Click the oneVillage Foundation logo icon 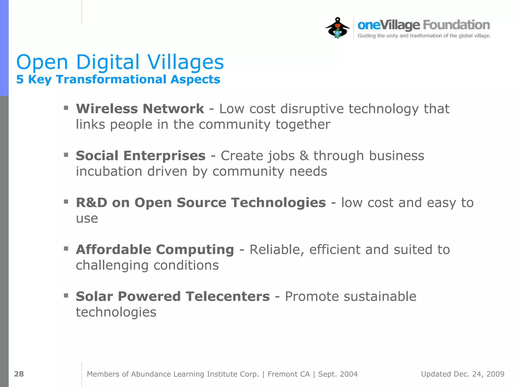[337, 28]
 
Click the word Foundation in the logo [456, 25]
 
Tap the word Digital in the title [108, 62]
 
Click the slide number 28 [19, 374]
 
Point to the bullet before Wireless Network [66, 108]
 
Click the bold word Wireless [107, 109]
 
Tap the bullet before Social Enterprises [66, 155]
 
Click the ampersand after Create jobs [304, 156]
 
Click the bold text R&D [91, 203]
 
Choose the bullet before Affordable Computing [66, 249]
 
